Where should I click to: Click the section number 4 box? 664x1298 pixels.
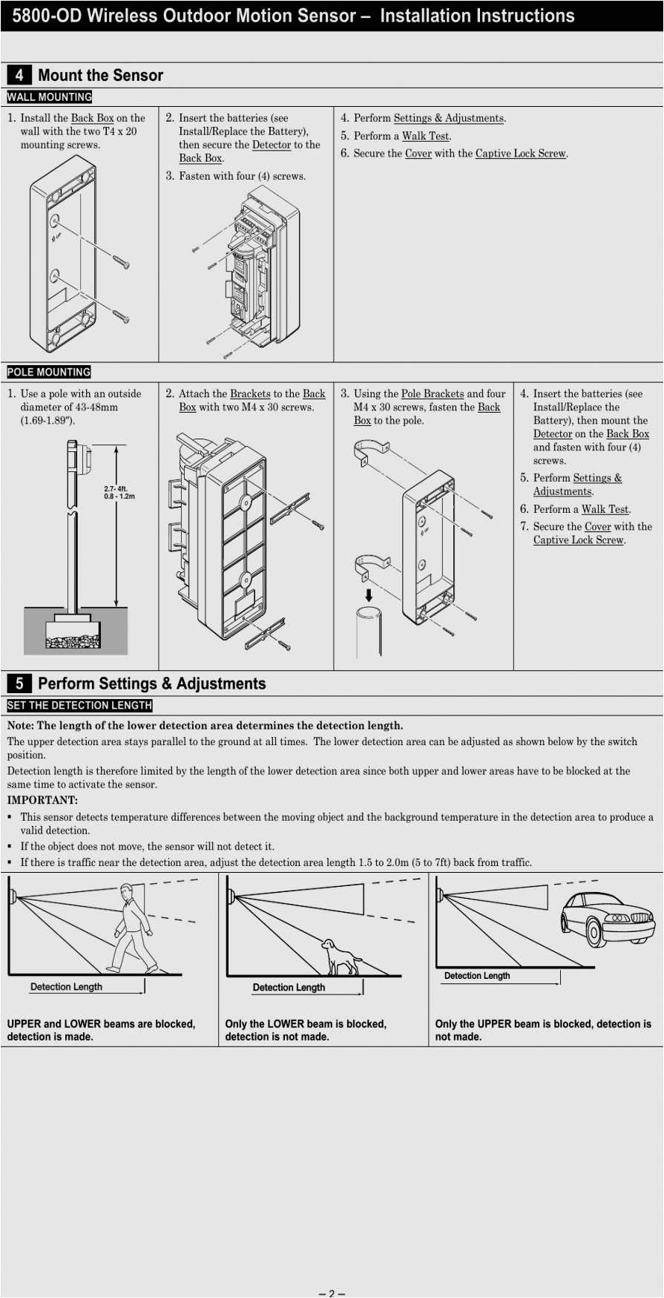click(x=19, y=75)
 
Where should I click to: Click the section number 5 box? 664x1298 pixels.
click(x=19, y=684)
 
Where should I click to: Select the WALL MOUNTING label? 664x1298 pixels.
click(x=50, y=97)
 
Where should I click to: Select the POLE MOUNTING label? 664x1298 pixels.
click(x=49, y=372)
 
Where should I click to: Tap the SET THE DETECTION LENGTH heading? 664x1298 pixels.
click(x=79, y=705)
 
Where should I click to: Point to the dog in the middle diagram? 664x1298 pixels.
click(x=341, y=957)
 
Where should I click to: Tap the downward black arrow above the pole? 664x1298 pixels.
click(x=369, y=594)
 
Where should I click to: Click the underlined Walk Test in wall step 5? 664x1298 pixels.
click(x=426, y=136)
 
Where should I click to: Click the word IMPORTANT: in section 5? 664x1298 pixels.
click(x=42, y=800)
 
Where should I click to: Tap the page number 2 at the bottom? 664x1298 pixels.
click(x=332, y=1293)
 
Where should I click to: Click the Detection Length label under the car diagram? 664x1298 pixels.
click(x=477, y=976)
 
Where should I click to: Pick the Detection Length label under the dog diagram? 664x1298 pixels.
click(x=289, y=987)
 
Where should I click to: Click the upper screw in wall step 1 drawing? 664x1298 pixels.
click(x=122, y=262)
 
